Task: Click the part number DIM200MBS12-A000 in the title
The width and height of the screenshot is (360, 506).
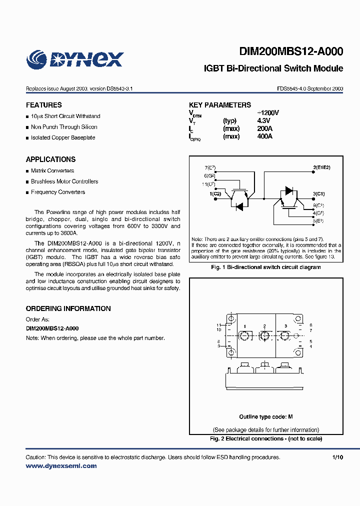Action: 291,51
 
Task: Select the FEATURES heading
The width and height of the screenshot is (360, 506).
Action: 44,105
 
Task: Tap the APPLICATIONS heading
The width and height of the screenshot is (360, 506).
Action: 50,159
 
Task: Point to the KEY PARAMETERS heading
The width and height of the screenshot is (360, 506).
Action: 220,105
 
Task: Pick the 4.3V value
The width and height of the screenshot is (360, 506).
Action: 263,121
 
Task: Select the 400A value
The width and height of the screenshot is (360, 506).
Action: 264,136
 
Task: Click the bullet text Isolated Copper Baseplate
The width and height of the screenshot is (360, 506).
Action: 63,137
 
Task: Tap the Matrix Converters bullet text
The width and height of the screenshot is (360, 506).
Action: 52,170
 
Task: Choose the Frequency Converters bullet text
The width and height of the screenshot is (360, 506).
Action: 58,192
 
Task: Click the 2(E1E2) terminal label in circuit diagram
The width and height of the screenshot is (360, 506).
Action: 321,167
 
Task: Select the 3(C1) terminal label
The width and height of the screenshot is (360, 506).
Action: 318,193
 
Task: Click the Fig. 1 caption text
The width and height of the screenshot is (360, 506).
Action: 265,267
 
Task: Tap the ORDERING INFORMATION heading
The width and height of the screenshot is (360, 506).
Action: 68,308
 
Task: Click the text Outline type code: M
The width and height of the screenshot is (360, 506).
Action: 265,417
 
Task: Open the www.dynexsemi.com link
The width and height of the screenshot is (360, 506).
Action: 61,466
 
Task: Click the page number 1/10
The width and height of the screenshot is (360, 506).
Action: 338,457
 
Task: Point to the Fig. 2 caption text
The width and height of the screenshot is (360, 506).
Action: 265,438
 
